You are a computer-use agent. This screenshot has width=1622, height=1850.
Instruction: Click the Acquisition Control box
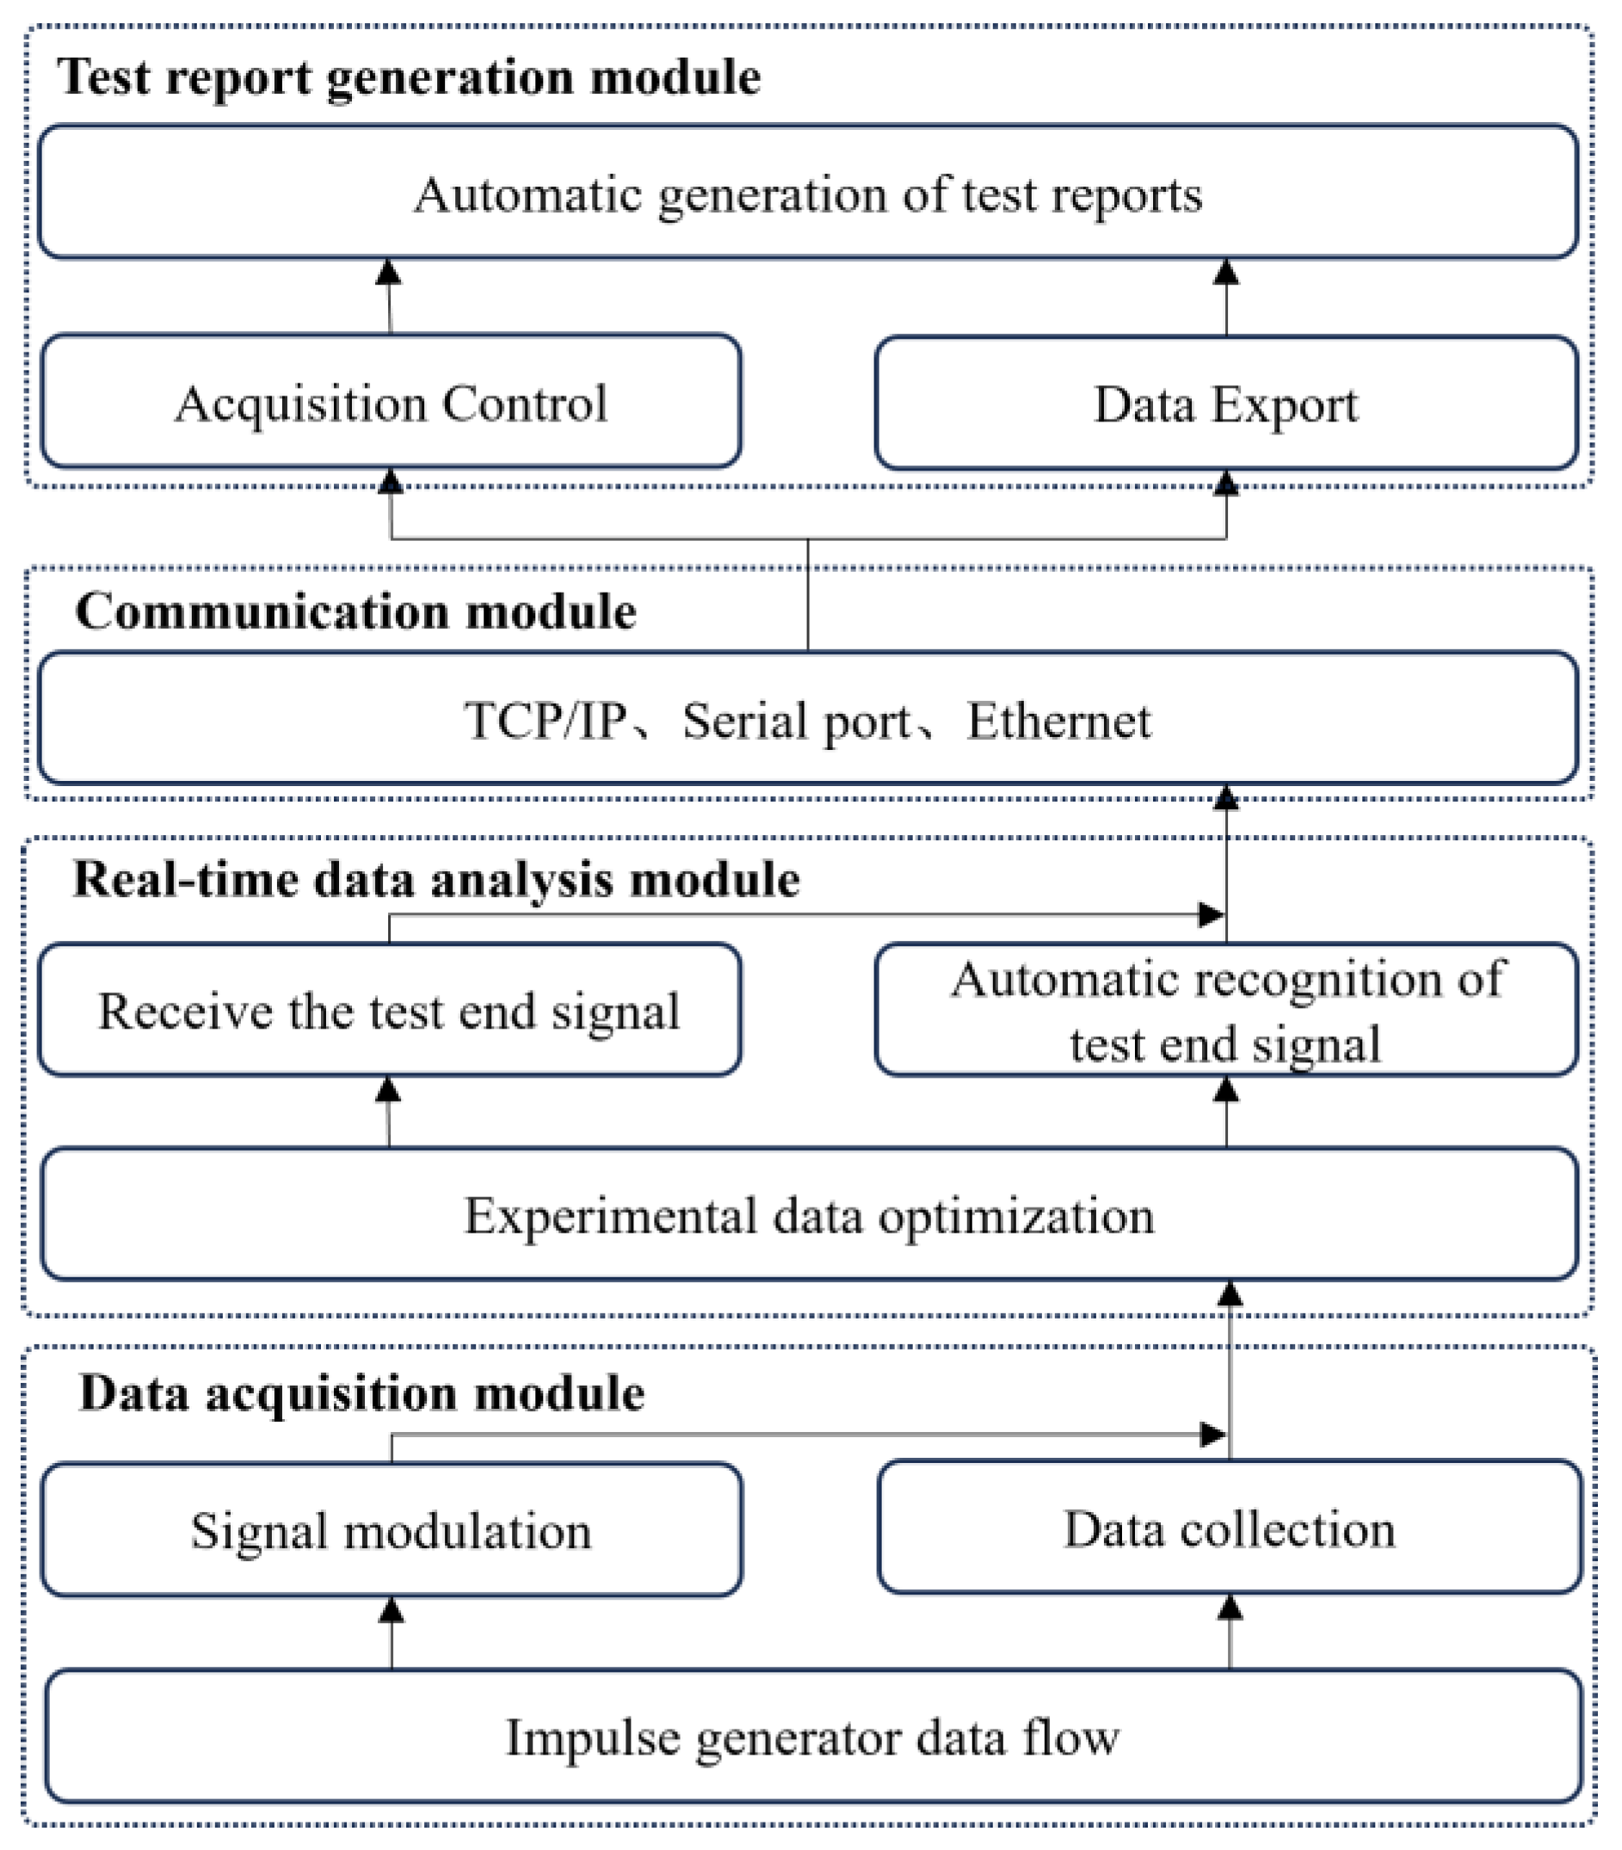[x=391, y=402]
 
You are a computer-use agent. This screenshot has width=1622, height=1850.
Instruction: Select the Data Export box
[x=1225, y=403]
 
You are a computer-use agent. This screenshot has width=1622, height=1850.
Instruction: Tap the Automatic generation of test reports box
[x=808, y=193]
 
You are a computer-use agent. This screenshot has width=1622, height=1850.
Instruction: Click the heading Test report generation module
[x=408, y=77]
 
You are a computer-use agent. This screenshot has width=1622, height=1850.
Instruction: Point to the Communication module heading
[x=355, y=611]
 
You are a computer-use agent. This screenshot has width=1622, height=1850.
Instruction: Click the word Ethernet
[x=1058, y=721]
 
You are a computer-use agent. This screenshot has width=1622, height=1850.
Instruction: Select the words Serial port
[x=796, y=721]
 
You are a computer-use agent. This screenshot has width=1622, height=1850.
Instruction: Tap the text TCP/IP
[x=545, y=721]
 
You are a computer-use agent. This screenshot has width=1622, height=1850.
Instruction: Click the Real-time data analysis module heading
[x=436, y=879]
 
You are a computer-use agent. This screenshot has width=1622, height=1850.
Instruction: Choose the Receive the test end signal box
[x=389, y=1011]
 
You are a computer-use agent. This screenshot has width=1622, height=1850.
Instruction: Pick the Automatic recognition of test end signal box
[x=1225, y=1011]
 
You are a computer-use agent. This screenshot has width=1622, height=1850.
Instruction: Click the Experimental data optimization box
[x=808, y=1215]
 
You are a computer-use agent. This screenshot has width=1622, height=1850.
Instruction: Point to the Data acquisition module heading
[x=362, y=1392]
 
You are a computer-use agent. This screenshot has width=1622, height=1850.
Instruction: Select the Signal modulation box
[x=391, y=1531]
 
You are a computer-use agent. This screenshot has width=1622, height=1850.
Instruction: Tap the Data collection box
[x=1228, y=1529]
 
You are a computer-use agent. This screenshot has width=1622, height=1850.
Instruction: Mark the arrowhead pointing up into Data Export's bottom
[x=1225, y=483]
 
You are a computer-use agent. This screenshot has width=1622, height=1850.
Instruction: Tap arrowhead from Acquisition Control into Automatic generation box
[x=388, y=273]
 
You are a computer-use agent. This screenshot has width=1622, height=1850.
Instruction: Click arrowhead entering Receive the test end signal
[x=388, y=1090]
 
